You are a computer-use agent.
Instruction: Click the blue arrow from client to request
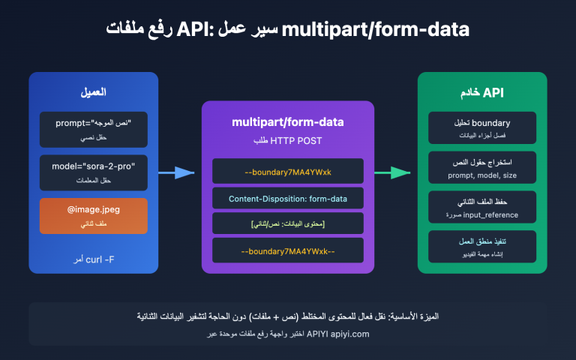pyautogui.click(x=175, y=172)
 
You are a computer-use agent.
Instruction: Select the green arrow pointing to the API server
pyautogui.click(x=391, y=172)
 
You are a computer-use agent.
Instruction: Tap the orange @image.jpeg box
pyautogui.click(x=94, y=214)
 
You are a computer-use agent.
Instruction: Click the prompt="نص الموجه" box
pyautogui.click(x=94, y=128)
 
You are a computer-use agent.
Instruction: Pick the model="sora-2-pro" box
pyautogui.click(x=94, y=172)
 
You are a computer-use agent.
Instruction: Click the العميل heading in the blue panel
pyautogui.click(x=94, y=93)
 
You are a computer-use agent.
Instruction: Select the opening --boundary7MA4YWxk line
pyautogui.click(x=288, y=172)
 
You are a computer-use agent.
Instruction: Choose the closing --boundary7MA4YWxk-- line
pyautogui.click(x=288, y=250)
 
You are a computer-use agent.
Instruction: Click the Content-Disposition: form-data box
pyautogui.click(x=288, y=198)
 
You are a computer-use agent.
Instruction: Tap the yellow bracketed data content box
pyautogui.click(x=288, y=224)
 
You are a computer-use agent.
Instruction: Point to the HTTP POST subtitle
pyautogui.click(x=288, y=140)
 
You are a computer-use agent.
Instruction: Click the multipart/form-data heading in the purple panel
pyautogui.click(x=288, y=121)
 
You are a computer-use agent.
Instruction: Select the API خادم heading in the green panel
pyautogui.click(x=482, y=93)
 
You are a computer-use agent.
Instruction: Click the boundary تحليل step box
pyautogui.click(x=482, y=128)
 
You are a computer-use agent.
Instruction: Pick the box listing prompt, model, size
pyautogui.click(x=482, y=168)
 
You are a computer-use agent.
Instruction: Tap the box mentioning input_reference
pyautogui.click(x=482, y=208)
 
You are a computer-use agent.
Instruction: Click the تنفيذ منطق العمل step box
pyautogui.click(x=482, y=247)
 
